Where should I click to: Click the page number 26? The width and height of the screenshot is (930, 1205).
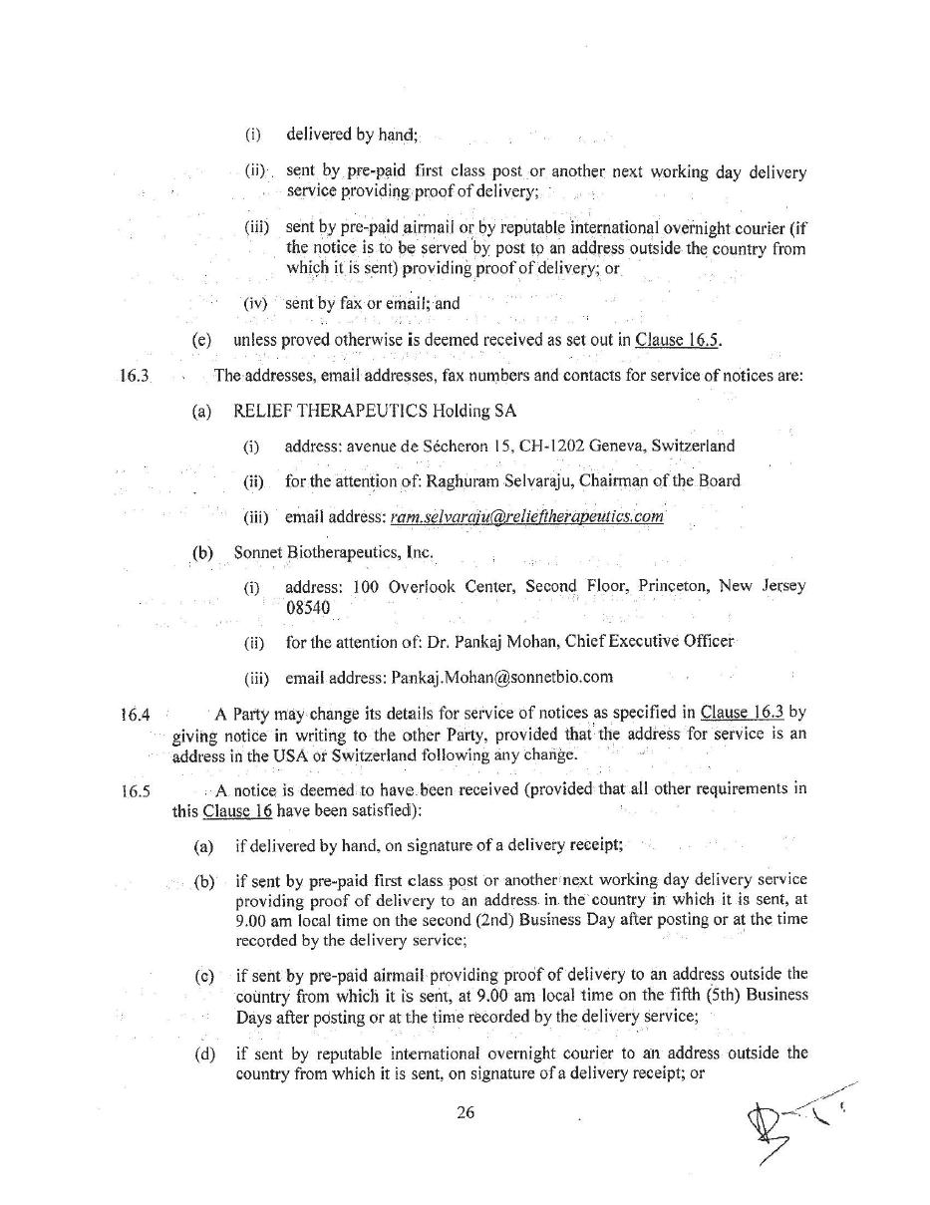pyautogui.click(x=465, y=1113)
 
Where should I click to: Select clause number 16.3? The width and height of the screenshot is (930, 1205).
pyautogui.click(x=134, y=376)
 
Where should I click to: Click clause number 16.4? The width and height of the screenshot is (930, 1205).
pyautogui.click(x=135, y=714)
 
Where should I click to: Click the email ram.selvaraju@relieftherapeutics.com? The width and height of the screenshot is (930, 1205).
pyautogui.click(x=526, y=516)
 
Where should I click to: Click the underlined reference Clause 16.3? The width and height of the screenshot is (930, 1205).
pyautogui.click(x=743, y=712)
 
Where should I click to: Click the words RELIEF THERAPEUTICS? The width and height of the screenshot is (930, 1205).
pyautogui.click(x=329, y=411)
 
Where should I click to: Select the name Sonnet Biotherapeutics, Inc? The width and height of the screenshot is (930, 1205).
pyautogui.click(x=333, y=551)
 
